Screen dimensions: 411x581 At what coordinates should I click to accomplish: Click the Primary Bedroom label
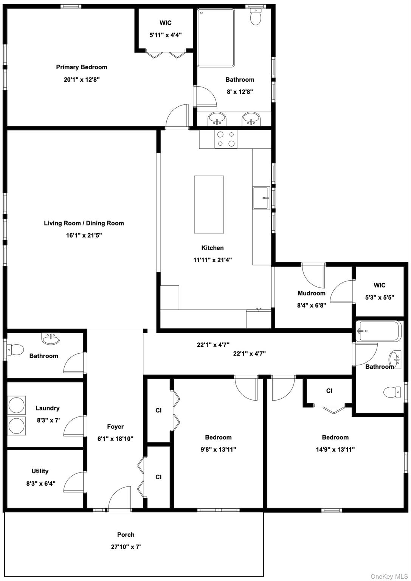pos(81,67)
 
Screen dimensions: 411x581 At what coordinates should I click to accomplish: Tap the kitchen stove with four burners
pos(226,139)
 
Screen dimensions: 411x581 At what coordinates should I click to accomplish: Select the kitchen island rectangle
pos(209,204)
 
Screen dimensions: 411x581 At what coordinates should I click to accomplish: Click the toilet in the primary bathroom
pos(256,17)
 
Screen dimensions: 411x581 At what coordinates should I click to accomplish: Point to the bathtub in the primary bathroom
pos(216,37)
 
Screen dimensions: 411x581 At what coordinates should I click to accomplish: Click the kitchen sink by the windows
pos(261,198)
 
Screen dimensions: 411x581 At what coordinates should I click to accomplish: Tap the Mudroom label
pos(312,293)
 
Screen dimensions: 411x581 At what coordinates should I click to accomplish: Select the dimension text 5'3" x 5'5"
pos(380,298)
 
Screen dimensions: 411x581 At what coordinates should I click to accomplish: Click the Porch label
pos(126,534)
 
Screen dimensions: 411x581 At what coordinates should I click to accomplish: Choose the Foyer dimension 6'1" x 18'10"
pos(115,439)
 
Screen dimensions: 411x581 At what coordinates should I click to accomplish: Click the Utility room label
pos(40,471)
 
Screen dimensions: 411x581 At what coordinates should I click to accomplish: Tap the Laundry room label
pos(48,408)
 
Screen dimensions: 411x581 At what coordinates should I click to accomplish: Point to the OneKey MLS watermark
pos(389,576)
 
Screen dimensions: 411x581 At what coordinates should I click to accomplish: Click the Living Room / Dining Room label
pos(84,223)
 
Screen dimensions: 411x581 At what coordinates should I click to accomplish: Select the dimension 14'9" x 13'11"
pos(335,449)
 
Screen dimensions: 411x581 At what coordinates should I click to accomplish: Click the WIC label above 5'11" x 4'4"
pos(166,23)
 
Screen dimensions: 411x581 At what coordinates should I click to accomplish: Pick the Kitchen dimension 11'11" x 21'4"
pos(212,259)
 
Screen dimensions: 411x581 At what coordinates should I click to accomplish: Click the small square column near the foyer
pos(145,331)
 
